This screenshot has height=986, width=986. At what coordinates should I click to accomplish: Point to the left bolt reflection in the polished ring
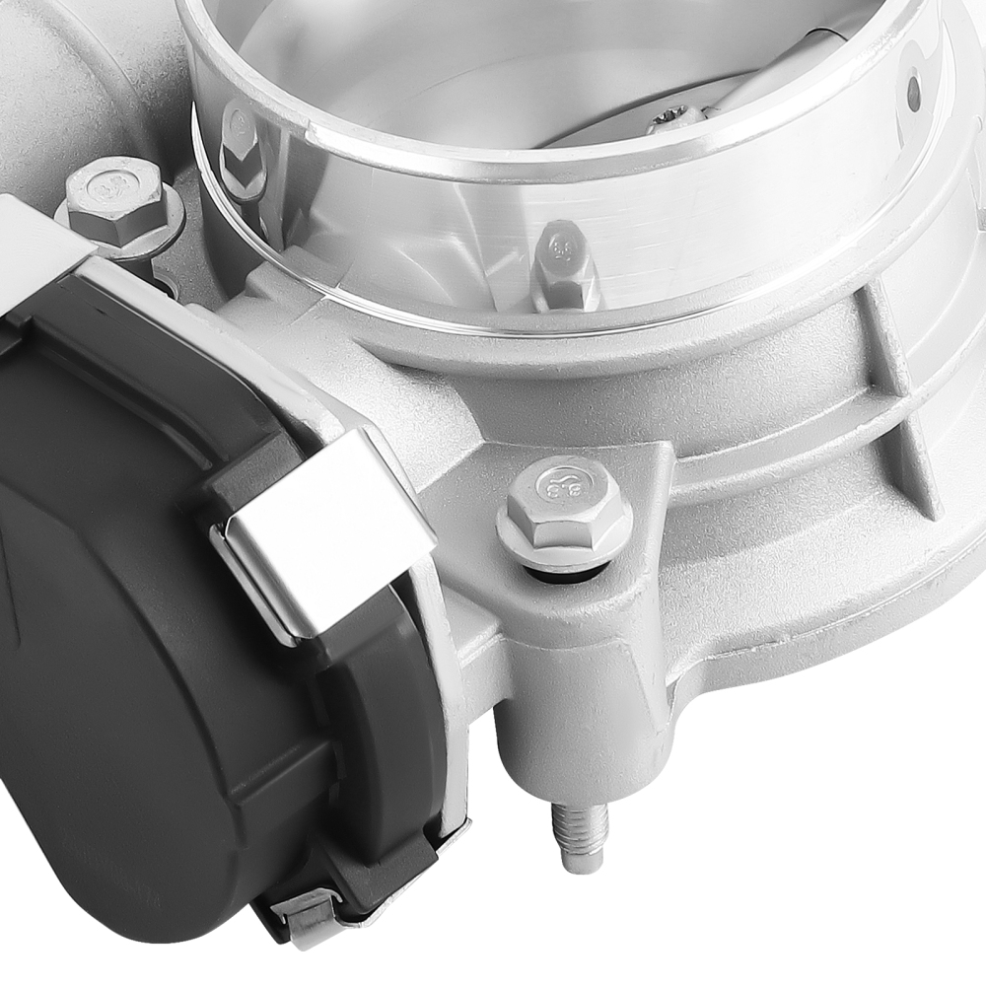point(241,148)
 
